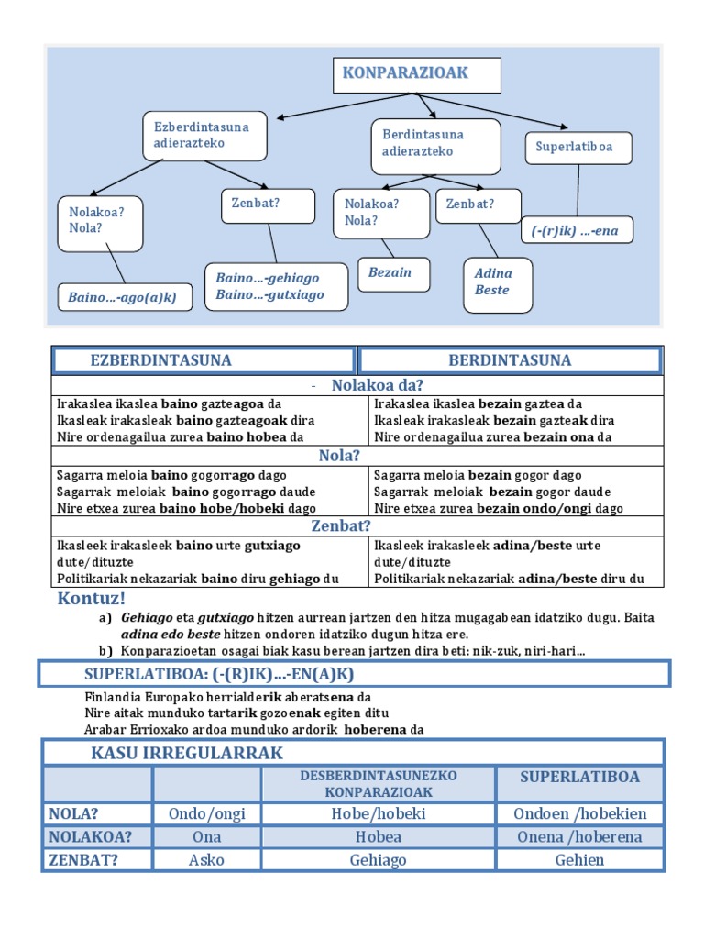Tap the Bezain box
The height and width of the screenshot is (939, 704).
(x=393, y=273)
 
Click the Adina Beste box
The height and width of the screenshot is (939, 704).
(x=497, y=282)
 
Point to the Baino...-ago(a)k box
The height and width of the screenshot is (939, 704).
(x=125, y=297)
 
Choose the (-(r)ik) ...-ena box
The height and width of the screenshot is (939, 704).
(x=579, y=231)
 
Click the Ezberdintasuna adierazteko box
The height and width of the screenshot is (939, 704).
(x=205, y=136)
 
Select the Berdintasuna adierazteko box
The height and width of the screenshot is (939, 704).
(x=435, y=145)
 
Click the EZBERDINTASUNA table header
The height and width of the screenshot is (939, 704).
(x=203, y=360)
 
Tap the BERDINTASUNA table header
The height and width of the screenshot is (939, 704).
(x=510, y=360)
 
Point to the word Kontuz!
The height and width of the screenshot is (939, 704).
(x=90, y=599)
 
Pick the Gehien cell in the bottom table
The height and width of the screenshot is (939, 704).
(x=579, y=860)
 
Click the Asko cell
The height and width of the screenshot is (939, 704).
(x=206, y=860)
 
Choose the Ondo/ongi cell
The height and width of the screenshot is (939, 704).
(x=206, y=813)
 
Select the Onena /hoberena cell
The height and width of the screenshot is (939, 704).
(x=579, y=836)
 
